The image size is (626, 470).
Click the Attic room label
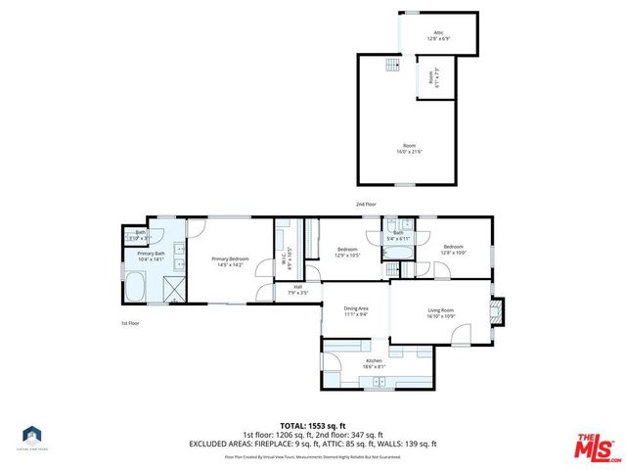pos(438,35)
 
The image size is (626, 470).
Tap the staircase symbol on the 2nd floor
pos(392,65)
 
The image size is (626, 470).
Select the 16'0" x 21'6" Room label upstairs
pos(409,148)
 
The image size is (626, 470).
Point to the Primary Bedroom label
pos(231,260)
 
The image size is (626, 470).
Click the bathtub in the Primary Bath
pos(135,289)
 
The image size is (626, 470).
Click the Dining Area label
pos(355,312)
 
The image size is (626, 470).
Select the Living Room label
pos(440,313)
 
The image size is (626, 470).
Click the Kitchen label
pos(374,363)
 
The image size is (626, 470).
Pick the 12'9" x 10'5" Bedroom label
pos(347,252)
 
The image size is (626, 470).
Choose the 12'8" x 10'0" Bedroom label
pos(453,249)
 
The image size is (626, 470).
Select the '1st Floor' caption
pos(131,322)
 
